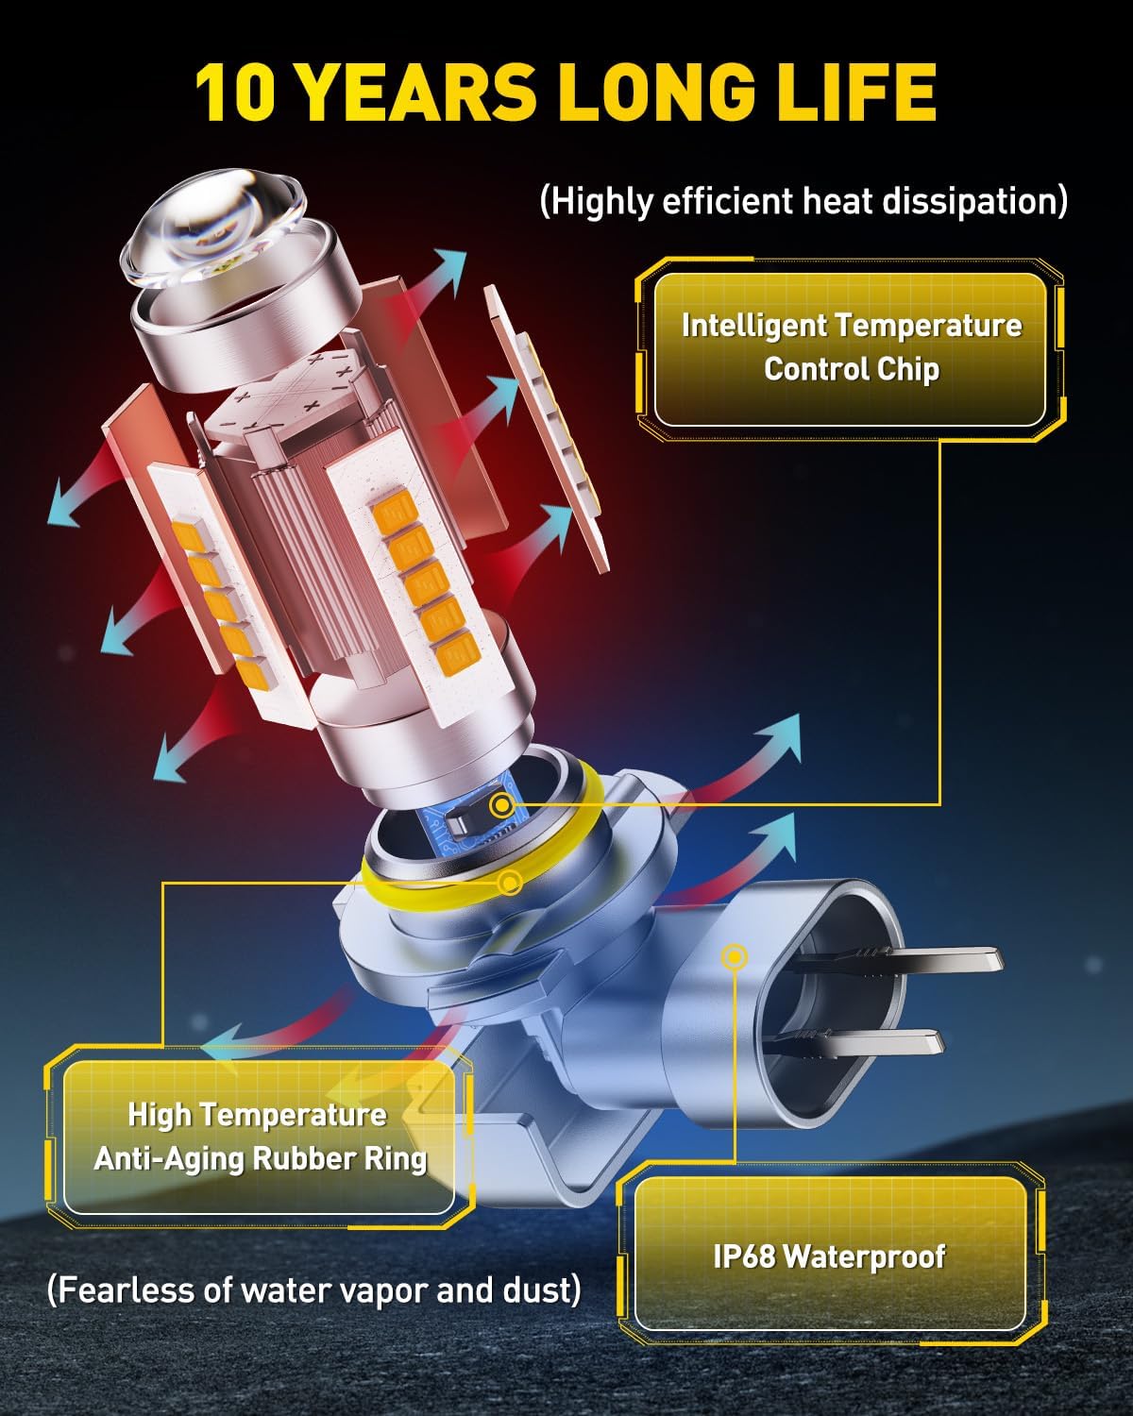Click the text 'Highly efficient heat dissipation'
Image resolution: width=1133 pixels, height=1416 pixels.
coord(803,201)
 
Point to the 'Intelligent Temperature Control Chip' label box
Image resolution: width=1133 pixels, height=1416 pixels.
coord(850,349)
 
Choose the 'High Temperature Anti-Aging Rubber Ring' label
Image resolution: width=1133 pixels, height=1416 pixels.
coord(260,1137)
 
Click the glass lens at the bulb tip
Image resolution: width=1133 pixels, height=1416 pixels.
coord(214,227)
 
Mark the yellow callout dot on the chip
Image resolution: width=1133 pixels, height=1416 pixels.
coord(502,804)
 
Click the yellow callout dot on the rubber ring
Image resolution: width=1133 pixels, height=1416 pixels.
coord(510,883)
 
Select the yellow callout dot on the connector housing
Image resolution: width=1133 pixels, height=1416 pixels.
coord(734,956)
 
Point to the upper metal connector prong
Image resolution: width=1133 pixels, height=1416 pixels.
coord(899,959)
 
